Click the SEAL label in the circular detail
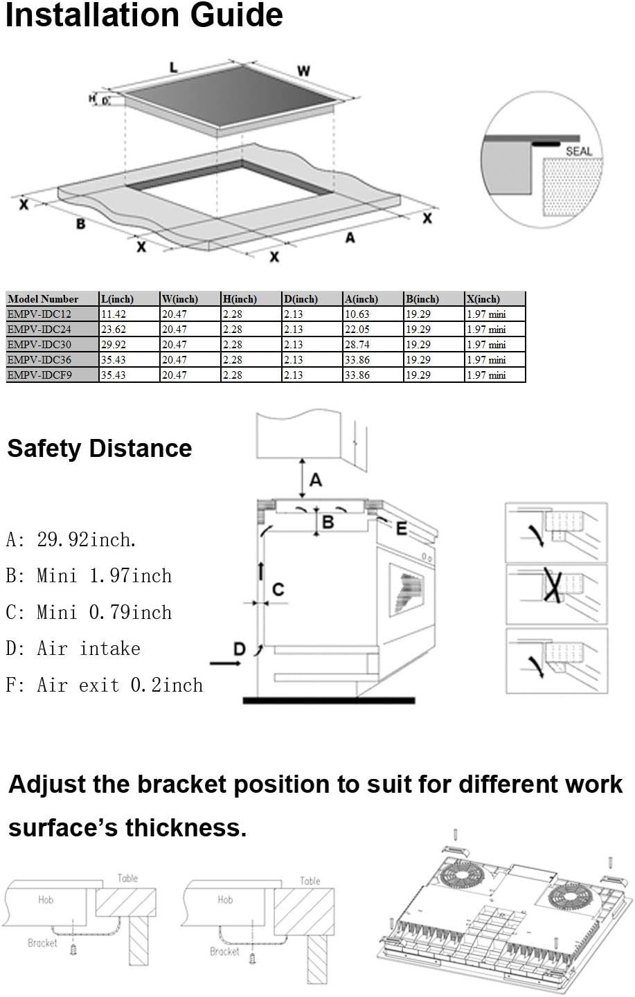[x=579, y=151]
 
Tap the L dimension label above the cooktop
[x=173, y=67]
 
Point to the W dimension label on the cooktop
[x=304, y=71]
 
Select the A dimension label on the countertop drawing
[x=350, y=237]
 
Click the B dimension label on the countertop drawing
[x=81, y=224]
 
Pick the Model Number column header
[x=43, y=299]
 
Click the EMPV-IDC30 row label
[x=39, y=345]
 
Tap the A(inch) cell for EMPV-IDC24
[x=357, y=330]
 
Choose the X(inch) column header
[x=483, y=299]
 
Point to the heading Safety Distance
[x=100, y=449]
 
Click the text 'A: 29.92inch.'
[x=71, y=539]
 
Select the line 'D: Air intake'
[x=73, y=649]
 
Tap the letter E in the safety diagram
[x=402, y=529]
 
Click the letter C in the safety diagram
[x=278, y=589]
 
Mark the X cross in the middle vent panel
[x=553, y=586]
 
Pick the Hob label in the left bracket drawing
[x=46, y=899]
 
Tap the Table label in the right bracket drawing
[x=310, y=881]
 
